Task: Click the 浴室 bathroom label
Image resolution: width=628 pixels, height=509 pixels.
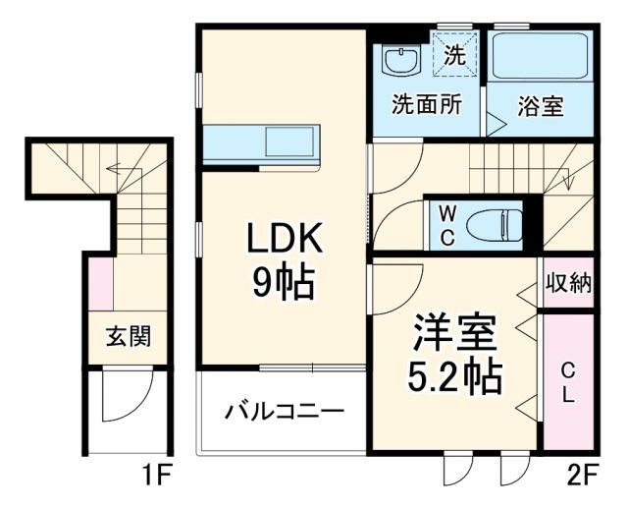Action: tap(541, 105)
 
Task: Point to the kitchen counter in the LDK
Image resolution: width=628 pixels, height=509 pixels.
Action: tap(263, 145)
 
